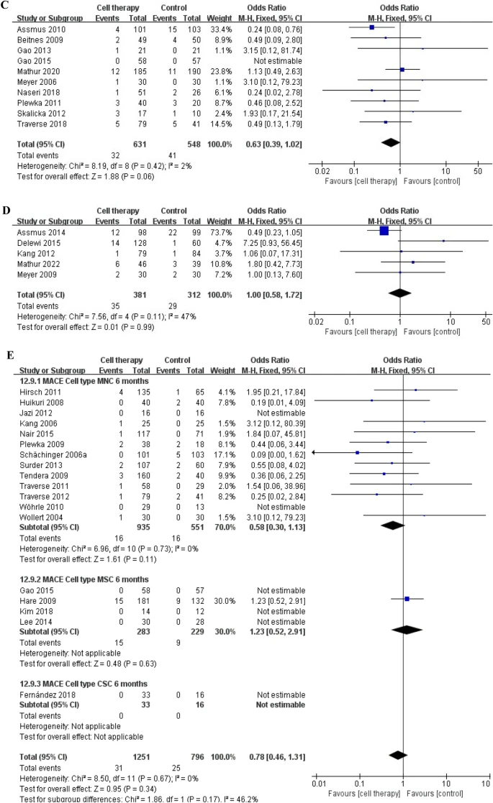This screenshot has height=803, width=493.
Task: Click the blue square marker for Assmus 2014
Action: pyautogui.click(x=384, y=230)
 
